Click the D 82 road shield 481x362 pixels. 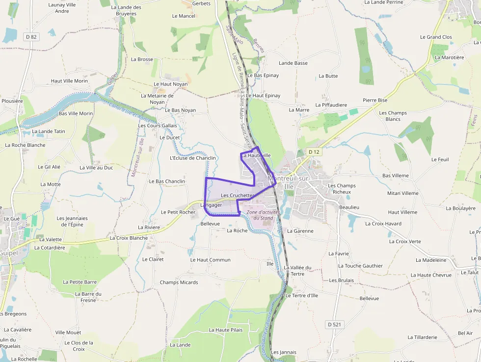pyautogui.click(x=31, y=37)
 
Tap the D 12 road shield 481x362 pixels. pyautogui.click(x=314, y=152)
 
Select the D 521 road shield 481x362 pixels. pyautogui.click(x=335, y=324)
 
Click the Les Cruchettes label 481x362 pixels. pyautogui.click(x=238, y=195)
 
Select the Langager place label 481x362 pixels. pyautogui.click(x=212, y=205)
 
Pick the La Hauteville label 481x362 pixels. pyautogui.click(x=256, y=156)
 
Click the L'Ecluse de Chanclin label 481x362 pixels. pyautogui.click(x=192, y=158)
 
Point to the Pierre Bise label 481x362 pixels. pyautogui.click(x=375, y=100)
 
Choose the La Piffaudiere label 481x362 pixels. pyautogui.click(x=331, y=105)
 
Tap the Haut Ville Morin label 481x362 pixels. pyautogui.click(x=69, y=81)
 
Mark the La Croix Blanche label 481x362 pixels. pyautogui.click(x=129, y=238)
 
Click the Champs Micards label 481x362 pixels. pyautogui.click(x=179, y=282)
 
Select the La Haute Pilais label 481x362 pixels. pyautogui.click(x=226, y=330)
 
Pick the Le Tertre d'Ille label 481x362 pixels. pyautogui.click(x=301, y=296)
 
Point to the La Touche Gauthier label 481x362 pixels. pyautogui.click(x=360, y=266)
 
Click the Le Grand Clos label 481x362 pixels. pyautogui.click(x=436, y=37)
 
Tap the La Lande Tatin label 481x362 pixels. pyautogui.click(x=49, y=132)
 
